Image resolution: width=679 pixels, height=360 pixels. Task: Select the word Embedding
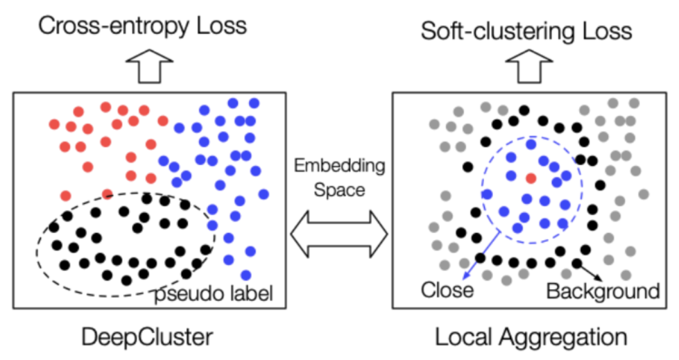(339, 166)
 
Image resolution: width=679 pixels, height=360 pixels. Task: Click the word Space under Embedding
(339, 189)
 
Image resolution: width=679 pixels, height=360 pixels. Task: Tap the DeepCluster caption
(147, 337)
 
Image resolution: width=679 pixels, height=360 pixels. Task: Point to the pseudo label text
(213, 293)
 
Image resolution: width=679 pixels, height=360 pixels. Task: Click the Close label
(447, 290)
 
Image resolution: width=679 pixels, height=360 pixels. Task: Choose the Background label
(603, 291)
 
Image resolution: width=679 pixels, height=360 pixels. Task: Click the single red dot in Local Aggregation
(530, 178)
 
